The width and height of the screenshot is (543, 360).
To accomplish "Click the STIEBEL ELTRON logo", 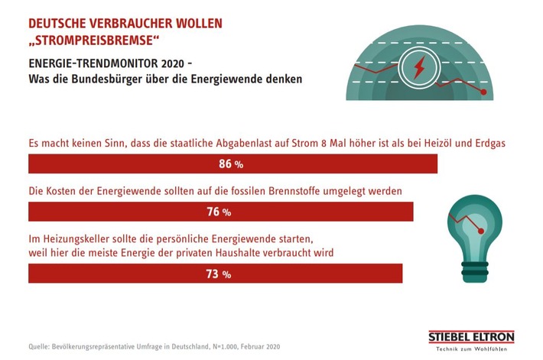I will tap(470, 337).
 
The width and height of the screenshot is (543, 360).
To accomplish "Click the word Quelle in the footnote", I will tap(40, 346).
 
